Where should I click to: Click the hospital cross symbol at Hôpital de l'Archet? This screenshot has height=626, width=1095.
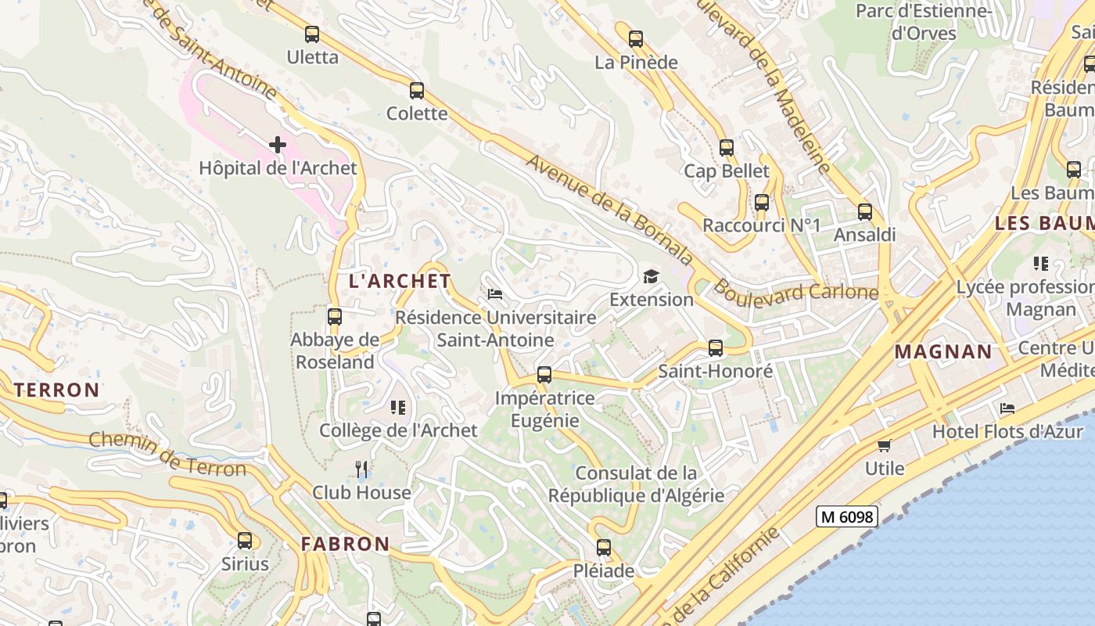click(277, 145)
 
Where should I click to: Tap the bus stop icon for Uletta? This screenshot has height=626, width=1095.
click(312, 34)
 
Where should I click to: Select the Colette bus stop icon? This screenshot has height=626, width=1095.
click(417, 91)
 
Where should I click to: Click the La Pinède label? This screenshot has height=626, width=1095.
click(636, 63)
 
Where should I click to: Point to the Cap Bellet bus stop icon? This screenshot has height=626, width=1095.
click(727, 148)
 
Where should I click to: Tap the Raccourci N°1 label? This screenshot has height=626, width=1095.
click(761, 225)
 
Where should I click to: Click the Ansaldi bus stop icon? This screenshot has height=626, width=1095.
click(864, 212)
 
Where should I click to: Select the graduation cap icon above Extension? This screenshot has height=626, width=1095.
click(651, 276)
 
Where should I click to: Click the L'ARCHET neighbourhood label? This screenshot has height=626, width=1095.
click(400, 281)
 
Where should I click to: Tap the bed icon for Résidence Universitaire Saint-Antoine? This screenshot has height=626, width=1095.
click(495, 294)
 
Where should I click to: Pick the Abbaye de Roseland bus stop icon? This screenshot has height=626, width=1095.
click(335, 317)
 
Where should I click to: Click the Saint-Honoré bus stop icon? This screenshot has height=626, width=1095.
click(715, 348)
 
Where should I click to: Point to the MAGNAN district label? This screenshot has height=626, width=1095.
click(942, 351)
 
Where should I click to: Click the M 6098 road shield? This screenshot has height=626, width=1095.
click(846, 516)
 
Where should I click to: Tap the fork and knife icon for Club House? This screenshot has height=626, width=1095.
click(361, 469)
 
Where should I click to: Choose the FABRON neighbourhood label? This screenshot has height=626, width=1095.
click(345, 544)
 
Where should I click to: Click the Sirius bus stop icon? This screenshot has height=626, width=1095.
click(245, 541)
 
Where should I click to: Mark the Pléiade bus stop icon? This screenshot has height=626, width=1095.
click(603, 548)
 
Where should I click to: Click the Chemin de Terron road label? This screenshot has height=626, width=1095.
click(167, 454)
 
